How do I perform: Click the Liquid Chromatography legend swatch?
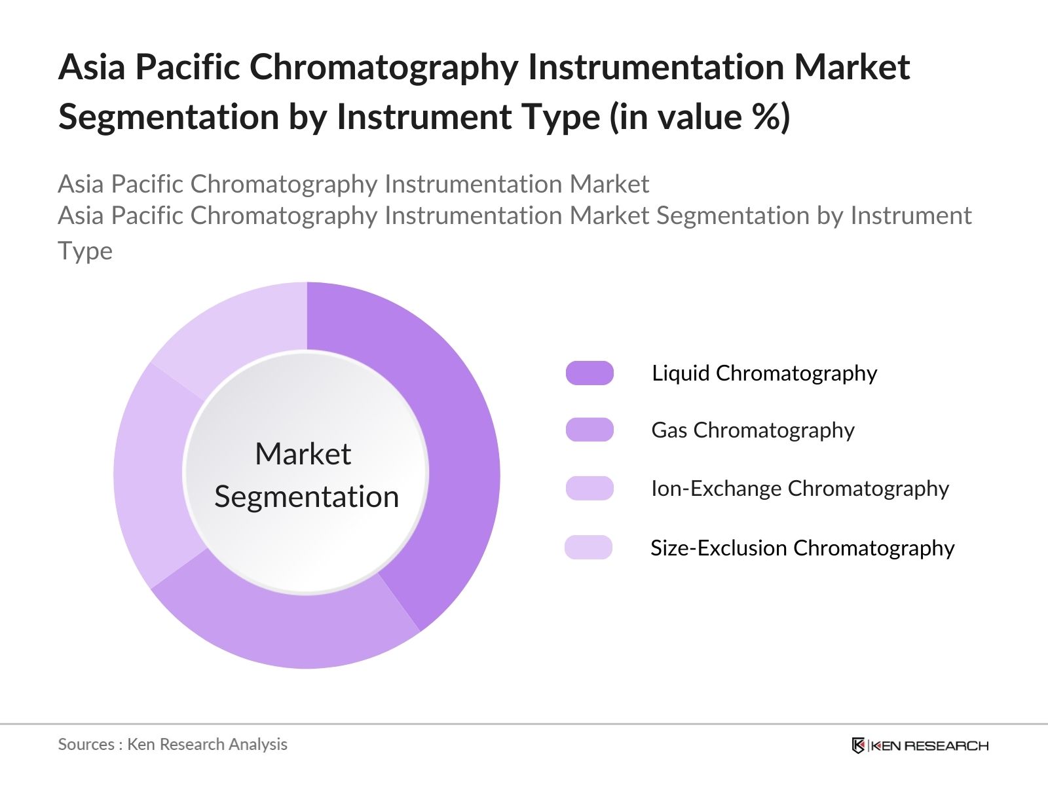coord(589,373)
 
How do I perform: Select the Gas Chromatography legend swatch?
coord(589,430)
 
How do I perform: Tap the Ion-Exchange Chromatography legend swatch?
coord(589,488)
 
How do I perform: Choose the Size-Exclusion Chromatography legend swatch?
coord(588,547)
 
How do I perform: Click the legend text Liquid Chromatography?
coord(764,373)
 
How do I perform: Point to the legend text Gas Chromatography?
coord(753,430)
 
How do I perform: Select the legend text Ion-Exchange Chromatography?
coord(800,488)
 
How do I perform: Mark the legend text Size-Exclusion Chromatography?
coord(802,548)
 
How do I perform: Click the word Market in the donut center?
coord(303,454)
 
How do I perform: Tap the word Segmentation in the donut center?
coord(307,496)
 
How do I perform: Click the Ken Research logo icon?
coord(858,745)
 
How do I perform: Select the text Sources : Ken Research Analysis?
coord(172,744)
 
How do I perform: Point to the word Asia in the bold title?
coord(92,67)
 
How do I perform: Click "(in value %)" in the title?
coord(700,117)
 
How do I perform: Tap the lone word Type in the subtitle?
coord(85,252)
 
